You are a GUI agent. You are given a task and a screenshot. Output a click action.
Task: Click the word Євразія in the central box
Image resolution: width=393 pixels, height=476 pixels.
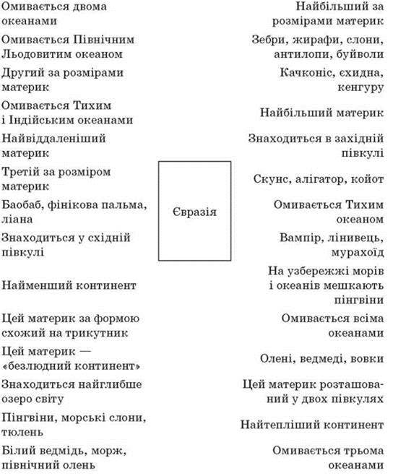pos(194,212)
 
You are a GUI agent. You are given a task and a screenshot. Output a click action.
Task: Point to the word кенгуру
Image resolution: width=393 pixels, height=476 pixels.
pos(360,88)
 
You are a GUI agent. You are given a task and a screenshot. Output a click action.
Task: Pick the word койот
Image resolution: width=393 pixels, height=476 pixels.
pos(368,179)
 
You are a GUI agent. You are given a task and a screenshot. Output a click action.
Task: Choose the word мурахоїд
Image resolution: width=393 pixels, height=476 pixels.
pos(358,252)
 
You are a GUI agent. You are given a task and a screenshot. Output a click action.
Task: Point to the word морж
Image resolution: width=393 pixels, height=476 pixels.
pos(109,451)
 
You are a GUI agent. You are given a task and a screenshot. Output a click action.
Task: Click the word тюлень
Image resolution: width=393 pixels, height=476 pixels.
pos(22,432)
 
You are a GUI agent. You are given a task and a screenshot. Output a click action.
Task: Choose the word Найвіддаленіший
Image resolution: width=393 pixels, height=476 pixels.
pos(53,139)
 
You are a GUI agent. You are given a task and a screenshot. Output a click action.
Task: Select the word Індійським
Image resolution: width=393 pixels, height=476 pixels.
pos(44,120)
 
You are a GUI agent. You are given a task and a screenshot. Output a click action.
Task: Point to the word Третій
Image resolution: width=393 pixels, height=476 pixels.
pos(20,172)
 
